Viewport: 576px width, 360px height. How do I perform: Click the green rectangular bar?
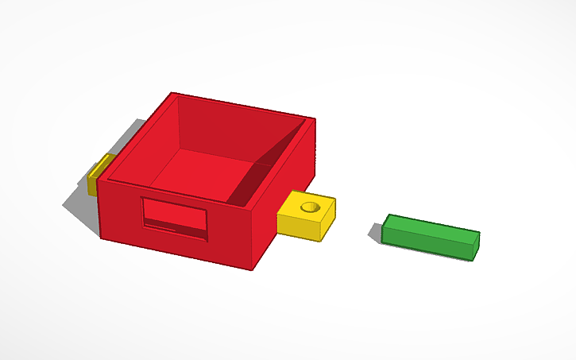(x=430, y=235)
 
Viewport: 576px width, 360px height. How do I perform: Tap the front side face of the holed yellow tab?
(x=298, y=226)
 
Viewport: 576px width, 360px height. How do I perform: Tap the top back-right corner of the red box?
(x=312, y=120)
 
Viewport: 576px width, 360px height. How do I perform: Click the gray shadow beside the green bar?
(x=376, y=230)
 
